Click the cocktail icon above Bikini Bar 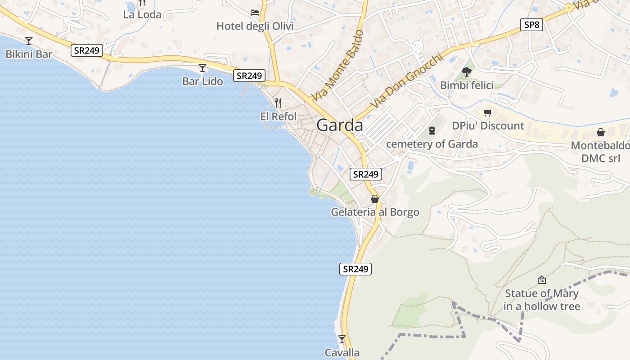(x=29, y=41)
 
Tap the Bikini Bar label (x=29, y=54)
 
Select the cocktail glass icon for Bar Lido (x=202, y=68)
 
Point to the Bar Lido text (x=202, y=81)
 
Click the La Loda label (x=142, y=14)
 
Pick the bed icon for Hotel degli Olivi (x=255, y=13)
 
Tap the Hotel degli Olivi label (x=255, y=26)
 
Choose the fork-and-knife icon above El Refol (x=278, y=103)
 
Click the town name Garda (x=340, y=125)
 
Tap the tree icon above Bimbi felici (x=467, y=72)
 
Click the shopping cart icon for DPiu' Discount (x=488, y=112)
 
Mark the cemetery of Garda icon (x=432, y=130)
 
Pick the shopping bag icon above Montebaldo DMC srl (x=600, y=132)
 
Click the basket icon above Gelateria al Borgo (x=375, y=199)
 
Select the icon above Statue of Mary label (x=542, y=280)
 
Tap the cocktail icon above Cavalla (x=342, y=339)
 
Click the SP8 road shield (x=531, y=25)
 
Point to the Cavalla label (x=342, y=353)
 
